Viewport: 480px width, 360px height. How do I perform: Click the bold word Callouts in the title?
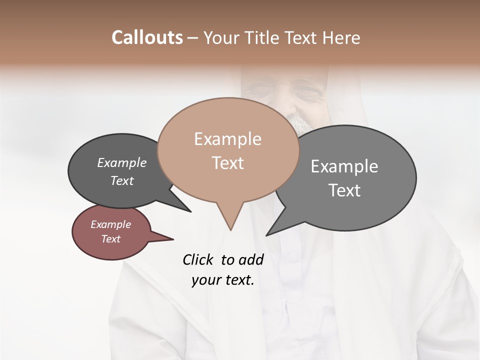coord(147,37)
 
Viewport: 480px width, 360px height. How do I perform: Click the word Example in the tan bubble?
coord(227,139)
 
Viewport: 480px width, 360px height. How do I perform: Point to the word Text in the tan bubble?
coord(227,163)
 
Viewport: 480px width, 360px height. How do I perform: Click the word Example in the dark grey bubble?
coord(121,162)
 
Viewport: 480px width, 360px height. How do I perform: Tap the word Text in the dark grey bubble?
coord(121,180)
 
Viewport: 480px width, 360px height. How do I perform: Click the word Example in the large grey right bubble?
coord(344,166)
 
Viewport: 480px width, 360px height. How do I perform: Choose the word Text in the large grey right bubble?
coord(344,190)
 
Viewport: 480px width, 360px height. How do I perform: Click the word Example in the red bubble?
coord(110,224)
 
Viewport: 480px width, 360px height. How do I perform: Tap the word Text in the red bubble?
coord(110,239)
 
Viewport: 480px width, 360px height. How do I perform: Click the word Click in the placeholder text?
coord(198,259)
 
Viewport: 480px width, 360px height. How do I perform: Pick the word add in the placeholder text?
coord(251,259)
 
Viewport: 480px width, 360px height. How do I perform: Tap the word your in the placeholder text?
coord(205,280)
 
